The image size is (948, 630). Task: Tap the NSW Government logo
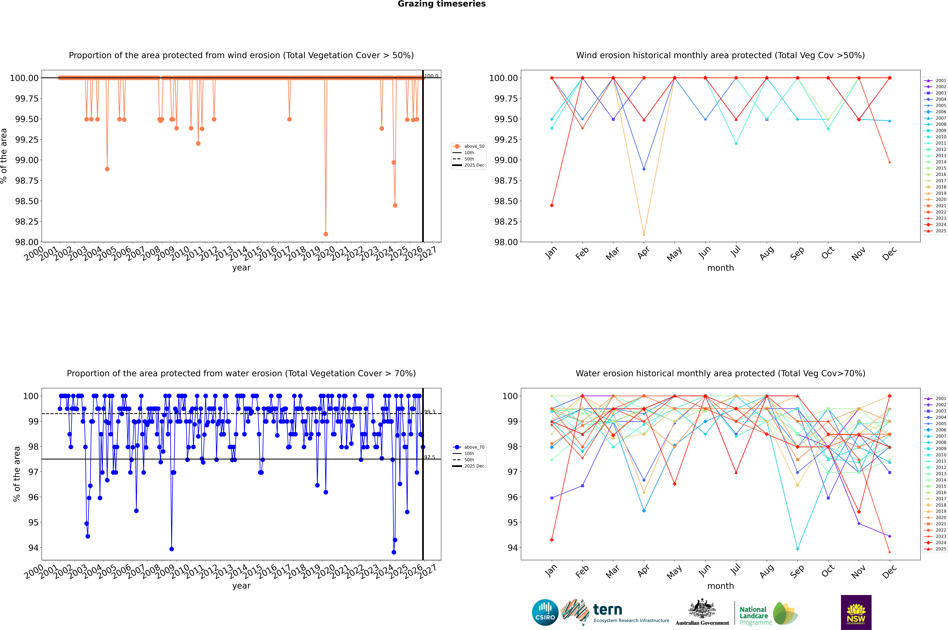(x=856, y=612)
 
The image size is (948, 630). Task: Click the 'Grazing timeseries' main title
(x=442, y=4)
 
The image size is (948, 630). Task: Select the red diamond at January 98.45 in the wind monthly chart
(x=552, y=205)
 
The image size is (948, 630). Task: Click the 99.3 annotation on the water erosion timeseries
(x=430, y=412)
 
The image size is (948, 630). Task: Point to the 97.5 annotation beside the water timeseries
(x=430, y=457)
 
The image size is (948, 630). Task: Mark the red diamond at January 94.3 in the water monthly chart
(x=552, y=540)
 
